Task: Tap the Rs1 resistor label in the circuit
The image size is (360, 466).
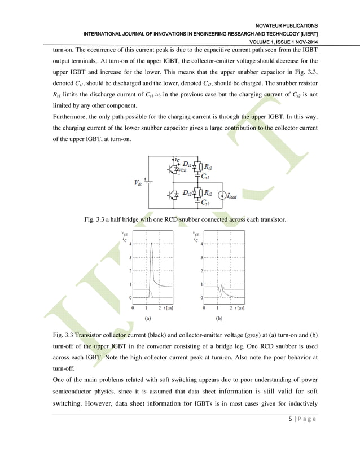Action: point(208,168)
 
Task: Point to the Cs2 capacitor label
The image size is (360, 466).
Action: point(207,203)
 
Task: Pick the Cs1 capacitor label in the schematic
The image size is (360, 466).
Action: point(207,176)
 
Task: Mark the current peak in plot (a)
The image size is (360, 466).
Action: point(151,244)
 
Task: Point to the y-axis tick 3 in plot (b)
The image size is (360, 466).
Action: point(201,257)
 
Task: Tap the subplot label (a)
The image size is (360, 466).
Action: point(148,318)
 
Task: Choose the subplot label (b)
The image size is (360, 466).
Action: point(219,318)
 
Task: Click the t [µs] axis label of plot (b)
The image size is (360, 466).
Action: point(238,308)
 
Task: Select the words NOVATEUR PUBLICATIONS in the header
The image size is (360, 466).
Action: point(287,25)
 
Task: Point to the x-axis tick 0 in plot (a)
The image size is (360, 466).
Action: point(133,308)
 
